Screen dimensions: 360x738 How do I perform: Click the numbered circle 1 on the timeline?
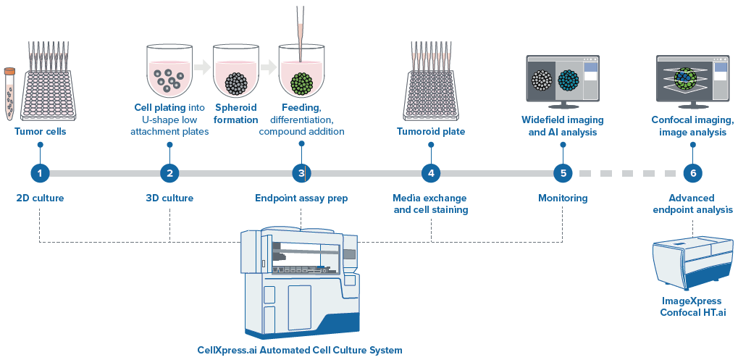coord(40,173)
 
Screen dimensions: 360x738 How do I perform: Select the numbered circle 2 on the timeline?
coord(169,173)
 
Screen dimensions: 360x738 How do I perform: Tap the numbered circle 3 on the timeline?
coord(301,173)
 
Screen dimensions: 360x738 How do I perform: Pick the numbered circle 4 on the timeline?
coord(431,173)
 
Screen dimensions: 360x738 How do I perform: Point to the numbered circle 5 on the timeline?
coord(563,173)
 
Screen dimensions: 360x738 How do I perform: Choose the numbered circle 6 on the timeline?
coord(692,173)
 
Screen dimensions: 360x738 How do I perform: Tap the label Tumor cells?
coord(40,132)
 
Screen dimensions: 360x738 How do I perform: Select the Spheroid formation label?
coord(236,114)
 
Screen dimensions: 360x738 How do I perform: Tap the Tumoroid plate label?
coord(431,132)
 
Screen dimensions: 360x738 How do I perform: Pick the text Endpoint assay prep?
coord(301,198)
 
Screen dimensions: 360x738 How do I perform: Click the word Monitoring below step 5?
coord(563,198)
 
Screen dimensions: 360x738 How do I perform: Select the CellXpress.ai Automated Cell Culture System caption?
coord(299,350)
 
